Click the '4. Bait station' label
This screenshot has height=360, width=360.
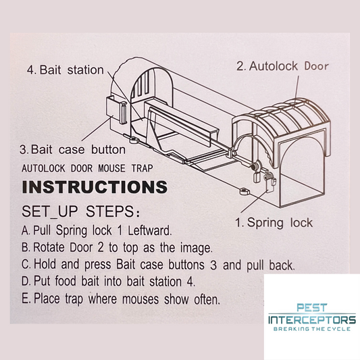(x=66, y=70)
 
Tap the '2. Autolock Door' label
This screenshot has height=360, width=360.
(x=282, y=66)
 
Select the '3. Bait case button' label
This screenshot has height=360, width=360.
(x=72, y=150)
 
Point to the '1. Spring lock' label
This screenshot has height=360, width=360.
(x=274, y=223)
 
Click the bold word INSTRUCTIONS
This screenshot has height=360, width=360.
(x=95, y=187)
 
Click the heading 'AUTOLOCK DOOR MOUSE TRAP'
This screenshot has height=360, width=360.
(x=87, y=168)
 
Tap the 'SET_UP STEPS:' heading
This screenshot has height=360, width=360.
(x=80, y=211)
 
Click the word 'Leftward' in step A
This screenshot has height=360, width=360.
(x=149, y=230)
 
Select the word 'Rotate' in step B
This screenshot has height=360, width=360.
(x=49, y=247)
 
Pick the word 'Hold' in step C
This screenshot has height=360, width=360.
(x=45, y=264)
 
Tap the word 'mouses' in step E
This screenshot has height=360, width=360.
(x=140, y=299)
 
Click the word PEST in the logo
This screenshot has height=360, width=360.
(x=311, y=307)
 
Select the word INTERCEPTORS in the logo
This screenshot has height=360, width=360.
(x=312, y=319)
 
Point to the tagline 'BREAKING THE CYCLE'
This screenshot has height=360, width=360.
(x=312, y=329)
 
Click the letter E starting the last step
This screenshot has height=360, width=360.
(x=25, y=299)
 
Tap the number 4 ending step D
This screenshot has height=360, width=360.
(x=190, y=281)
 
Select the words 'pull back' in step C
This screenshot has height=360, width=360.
(x=270, y=265)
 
